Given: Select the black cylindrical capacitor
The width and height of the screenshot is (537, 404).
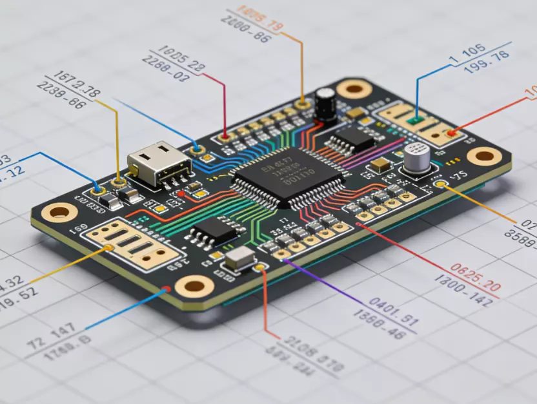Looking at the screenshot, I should (x=324, y=103).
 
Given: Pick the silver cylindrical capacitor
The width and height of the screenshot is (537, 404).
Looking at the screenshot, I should (x=417, y=158).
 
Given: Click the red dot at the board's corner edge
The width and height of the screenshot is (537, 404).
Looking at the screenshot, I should (x=167, y=289).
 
